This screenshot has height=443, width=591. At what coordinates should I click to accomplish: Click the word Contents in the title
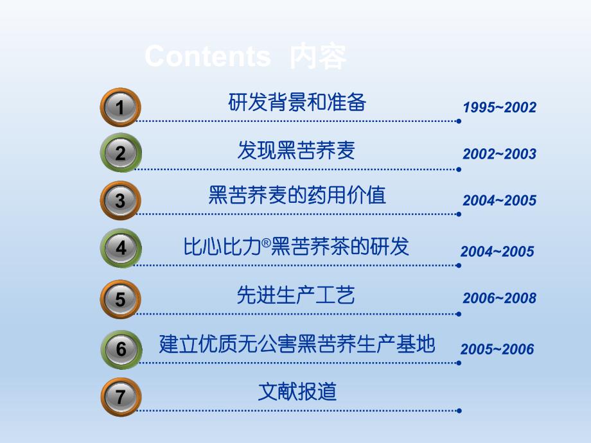pyautogui.click(x=207, y=56)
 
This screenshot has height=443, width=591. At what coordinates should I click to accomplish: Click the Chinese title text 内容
pyautogui.click(x=319, y=57)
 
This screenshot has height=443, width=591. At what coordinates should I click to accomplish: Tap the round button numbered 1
pyautogui.click(x=120, y=107)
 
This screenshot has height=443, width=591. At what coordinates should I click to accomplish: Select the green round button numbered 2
pyautogui.click(x=120, y=153)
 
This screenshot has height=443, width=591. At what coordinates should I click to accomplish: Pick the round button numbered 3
pyautogui.click(x=120, y=200)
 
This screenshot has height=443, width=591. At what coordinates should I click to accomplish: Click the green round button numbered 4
pyautogui.click(x=120, y=248)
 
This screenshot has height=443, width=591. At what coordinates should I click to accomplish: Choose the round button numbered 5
pyautogui.click(x=120, y=299)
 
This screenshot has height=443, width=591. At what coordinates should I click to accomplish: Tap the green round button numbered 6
pyautogui.click(x=120, y=350)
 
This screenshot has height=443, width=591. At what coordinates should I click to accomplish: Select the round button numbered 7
pyautogui.click(x=120, y=396)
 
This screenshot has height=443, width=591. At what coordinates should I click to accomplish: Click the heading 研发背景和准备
pyautogui.click(x=297, y=102)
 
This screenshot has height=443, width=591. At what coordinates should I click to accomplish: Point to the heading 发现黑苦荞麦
pyautogui.click(x=296, y=150)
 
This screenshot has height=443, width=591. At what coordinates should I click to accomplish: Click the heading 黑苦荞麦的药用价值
pyautogui.click(x=297, y=195)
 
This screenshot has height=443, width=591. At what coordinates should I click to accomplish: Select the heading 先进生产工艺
pyautogui.click(x=296, y=295)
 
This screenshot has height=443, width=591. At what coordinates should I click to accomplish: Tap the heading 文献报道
pyautogui.click(x=297, y=391)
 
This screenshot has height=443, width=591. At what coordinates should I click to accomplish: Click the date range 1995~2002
pyautogui.click(x=499, y=107)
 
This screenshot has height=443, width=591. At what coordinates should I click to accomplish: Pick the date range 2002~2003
pyautogui.click(x=499, y=154)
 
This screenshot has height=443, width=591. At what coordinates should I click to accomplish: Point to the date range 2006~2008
pyautogui.click(x=499, y=298)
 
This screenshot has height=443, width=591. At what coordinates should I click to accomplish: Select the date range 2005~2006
pyautogui.click(x=497, y=349)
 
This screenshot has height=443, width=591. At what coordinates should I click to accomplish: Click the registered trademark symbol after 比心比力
pyautogui.click(x=267, y=241)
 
